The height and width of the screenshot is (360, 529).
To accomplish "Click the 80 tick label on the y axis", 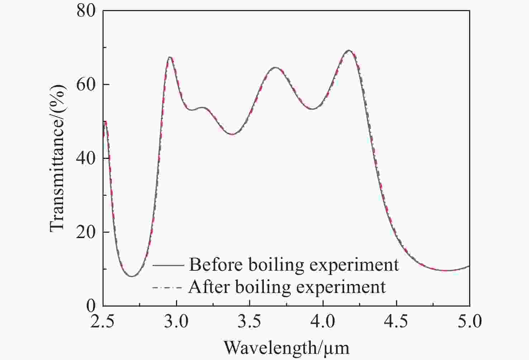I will [86, 11].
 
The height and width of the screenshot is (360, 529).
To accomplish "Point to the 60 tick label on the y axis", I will [86, 85].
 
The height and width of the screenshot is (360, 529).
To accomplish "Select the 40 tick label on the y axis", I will [86, 158].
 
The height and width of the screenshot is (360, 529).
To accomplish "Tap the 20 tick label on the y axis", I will [86, 232].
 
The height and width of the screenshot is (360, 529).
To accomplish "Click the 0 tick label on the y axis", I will [91, 305].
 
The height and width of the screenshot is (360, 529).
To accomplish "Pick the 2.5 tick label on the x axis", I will [103, 321].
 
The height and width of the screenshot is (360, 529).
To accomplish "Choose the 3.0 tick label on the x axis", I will [176, 321].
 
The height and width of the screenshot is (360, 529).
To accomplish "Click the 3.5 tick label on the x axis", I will [250, 321].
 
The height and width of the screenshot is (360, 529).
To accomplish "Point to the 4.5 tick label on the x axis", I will [396, 321].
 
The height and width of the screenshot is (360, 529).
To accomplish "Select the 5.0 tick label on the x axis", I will [470, 321].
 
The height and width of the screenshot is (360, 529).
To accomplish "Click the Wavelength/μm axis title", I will [286, 347].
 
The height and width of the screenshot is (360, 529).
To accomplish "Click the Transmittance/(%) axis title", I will [57, 158].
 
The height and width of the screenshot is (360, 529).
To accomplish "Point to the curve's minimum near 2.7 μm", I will [132, 276].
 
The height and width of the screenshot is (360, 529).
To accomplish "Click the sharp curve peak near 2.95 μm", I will [170, 57].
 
